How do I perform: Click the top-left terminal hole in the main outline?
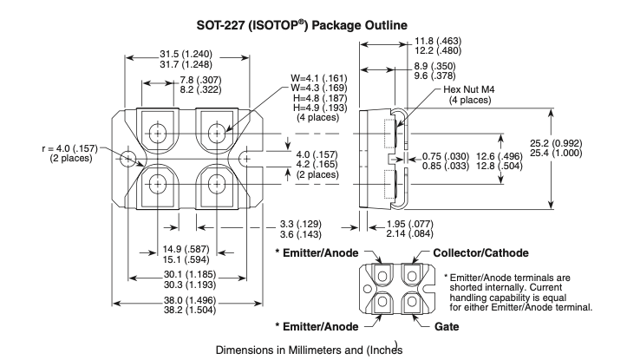pos(159,132)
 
